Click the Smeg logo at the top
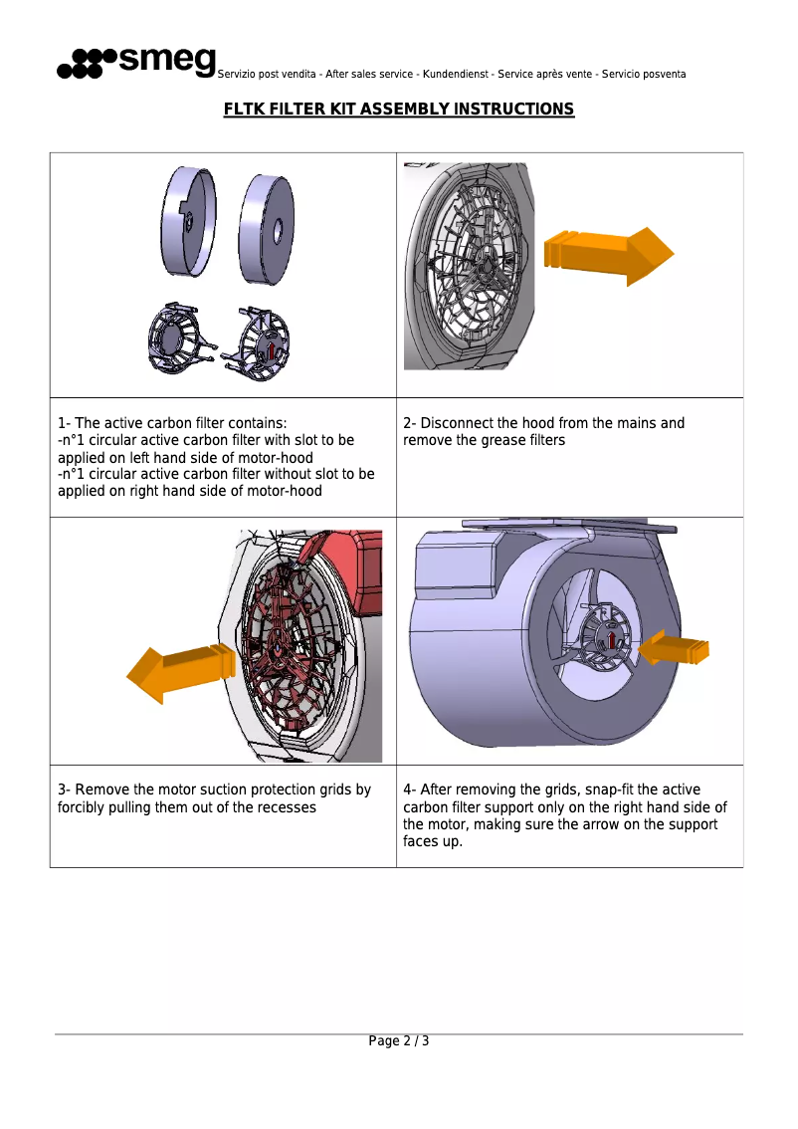tap(136, 62)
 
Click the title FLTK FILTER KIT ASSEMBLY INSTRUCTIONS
tap(399, 109)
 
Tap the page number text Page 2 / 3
tap(399, 1041)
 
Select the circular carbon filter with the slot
tap(188, 220)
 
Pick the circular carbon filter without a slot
tap(266, 229)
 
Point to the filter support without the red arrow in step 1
tap(179, 339)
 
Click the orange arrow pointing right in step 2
tap(608, 255)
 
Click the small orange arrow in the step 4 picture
tap(674, 650)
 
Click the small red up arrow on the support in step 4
tap(611, 640)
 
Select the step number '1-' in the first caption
tap(64, 423)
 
